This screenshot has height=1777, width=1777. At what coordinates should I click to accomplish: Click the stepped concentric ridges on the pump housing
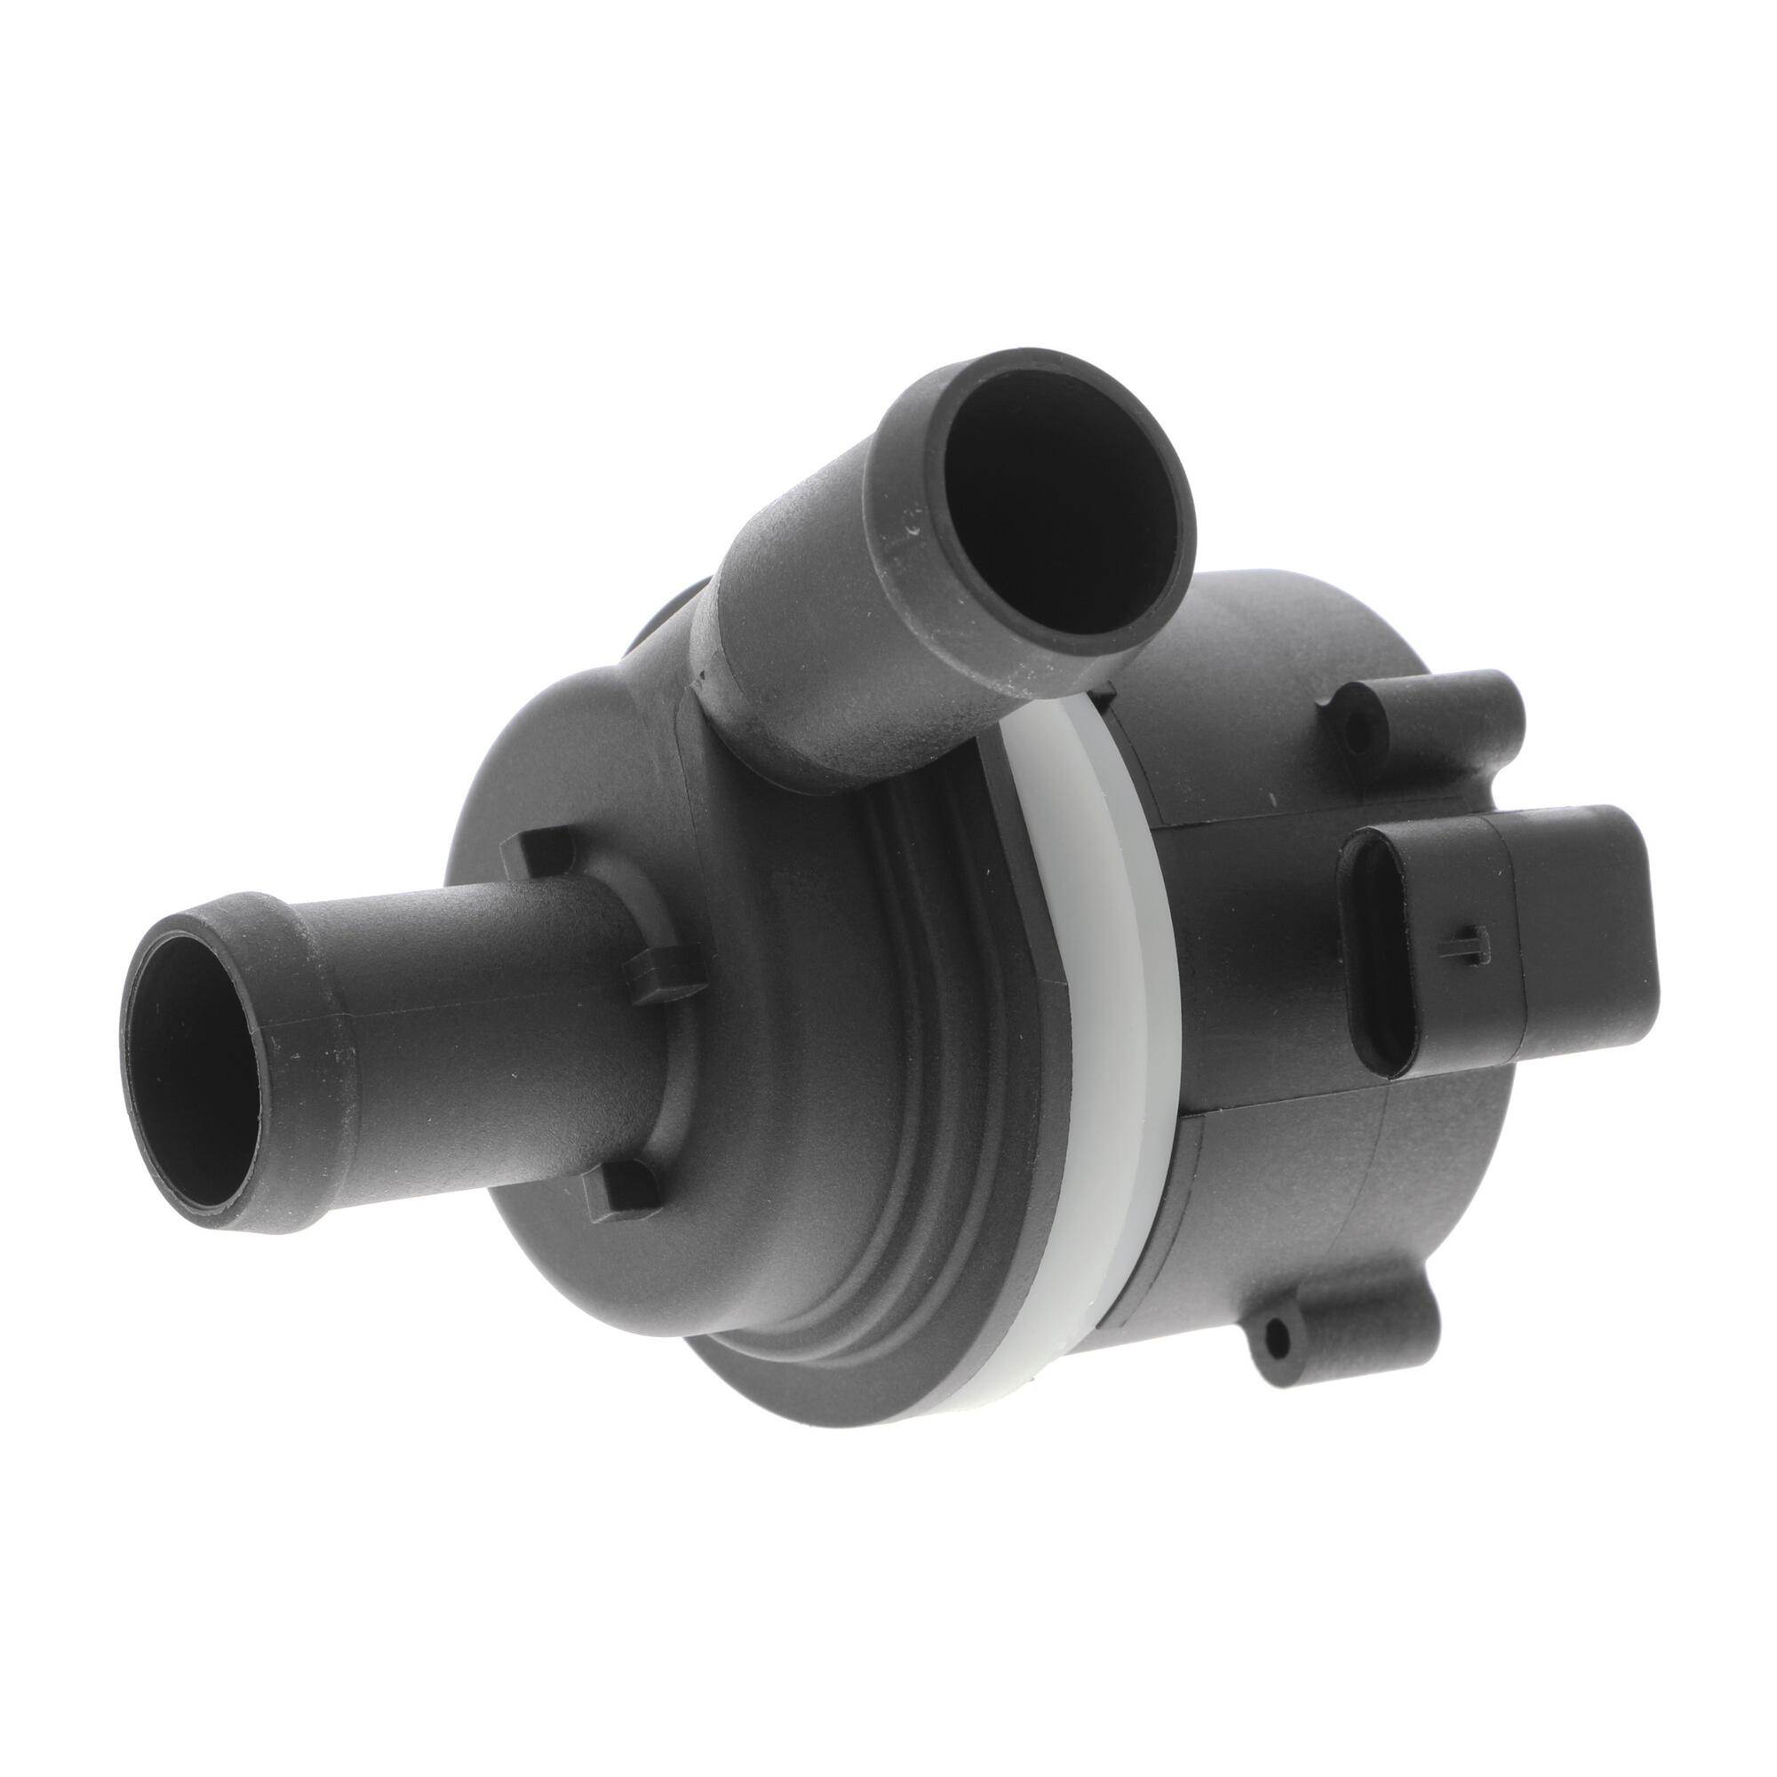pos(883,1150)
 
